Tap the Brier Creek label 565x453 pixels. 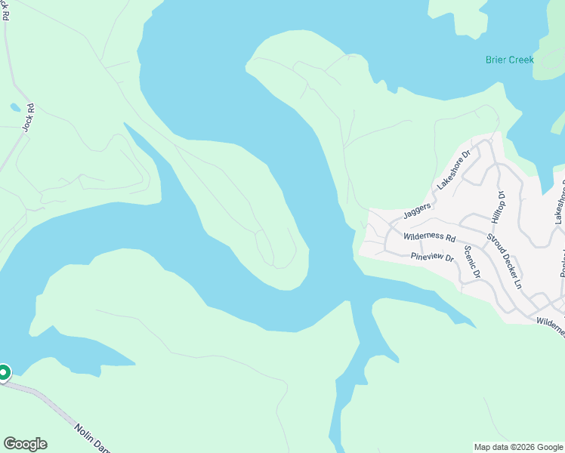(x=509, y=60)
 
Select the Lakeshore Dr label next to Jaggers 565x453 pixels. (x=453, y=170)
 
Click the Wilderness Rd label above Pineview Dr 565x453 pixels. (x=429, y=237)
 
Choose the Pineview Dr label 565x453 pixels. (x=431, y=257)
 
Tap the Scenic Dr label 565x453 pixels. (x=472, y=262)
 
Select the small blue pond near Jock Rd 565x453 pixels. (x=15, y=107)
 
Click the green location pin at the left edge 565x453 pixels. (x=4, y=372)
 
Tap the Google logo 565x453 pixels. (x=25, y=444)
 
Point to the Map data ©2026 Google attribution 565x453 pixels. (x=517, y=447)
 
